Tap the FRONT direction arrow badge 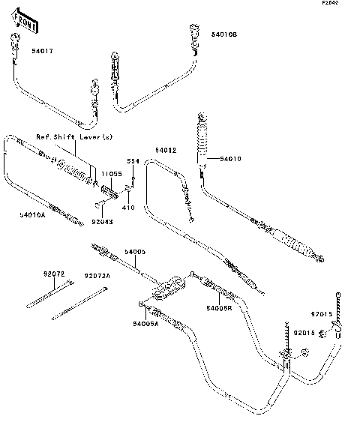[25, 23]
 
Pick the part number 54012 [166, 151]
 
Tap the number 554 [132, 161]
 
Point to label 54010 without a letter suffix [232, 159]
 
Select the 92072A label [97, 276]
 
